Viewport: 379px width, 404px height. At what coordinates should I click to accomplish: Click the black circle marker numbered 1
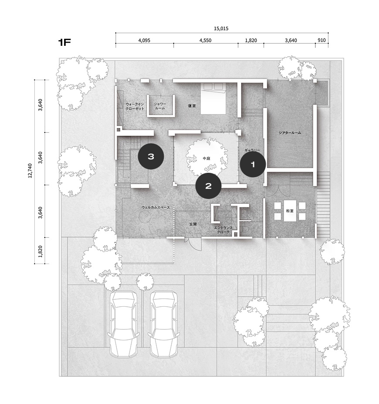tap(253, 164)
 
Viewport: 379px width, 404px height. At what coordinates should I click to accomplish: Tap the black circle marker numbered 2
tap(208, 186)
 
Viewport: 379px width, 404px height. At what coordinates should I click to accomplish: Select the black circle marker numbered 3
tap(151, 156)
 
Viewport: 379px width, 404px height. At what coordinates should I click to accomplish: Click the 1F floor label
tap(64, 42)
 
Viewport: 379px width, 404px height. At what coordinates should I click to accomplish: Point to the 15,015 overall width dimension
tap(221, 29)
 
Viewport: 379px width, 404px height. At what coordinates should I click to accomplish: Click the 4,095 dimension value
tap(144, 41)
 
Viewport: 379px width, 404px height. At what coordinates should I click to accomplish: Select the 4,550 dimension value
tap(205, 41)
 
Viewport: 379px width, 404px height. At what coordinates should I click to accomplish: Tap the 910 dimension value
tap(321, 40)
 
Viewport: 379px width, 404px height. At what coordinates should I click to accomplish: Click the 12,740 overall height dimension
tap(30, 171)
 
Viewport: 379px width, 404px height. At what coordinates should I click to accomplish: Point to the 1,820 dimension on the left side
tap(40, 251)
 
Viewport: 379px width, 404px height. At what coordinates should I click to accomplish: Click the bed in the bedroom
tap(213, 99)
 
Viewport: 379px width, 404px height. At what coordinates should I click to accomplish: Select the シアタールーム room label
tap(290, 133)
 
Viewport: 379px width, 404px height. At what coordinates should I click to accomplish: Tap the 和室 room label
tap(290, 211)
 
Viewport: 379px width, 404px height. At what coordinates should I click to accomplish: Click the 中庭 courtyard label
tap(206, 158)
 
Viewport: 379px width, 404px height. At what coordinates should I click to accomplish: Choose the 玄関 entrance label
tap(193, 224)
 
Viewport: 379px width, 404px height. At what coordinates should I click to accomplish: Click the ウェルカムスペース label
tap(156, 207)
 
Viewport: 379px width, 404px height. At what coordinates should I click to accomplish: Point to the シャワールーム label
tap(160, 106)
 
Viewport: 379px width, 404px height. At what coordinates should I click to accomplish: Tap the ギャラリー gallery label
tap(252, 150)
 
